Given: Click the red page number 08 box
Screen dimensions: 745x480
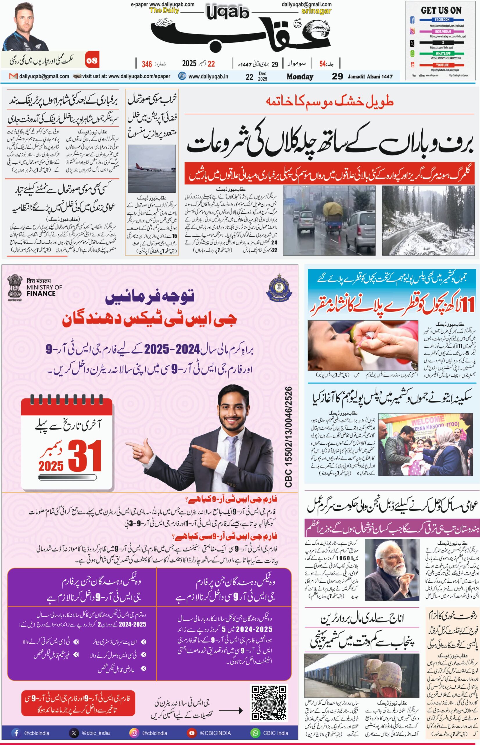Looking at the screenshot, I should coord(92,60).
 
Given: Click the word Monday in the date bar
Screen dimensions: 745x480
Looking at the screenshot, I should coord(300,77).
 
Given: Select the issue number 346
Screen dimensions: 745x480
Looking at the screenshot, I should coord(147,64).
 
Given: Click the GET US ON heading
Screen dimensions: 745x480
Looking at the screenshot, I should coord(441,10).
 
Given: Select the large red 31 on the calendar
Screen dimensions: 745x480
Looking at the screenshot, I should coord(85,456).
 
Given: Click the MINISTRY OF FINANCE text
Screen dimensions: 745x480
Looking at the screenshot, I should coord(44,290).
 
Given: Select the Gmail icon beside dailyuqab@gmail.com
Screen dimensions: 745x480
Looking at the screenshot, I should coord(13,76).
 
